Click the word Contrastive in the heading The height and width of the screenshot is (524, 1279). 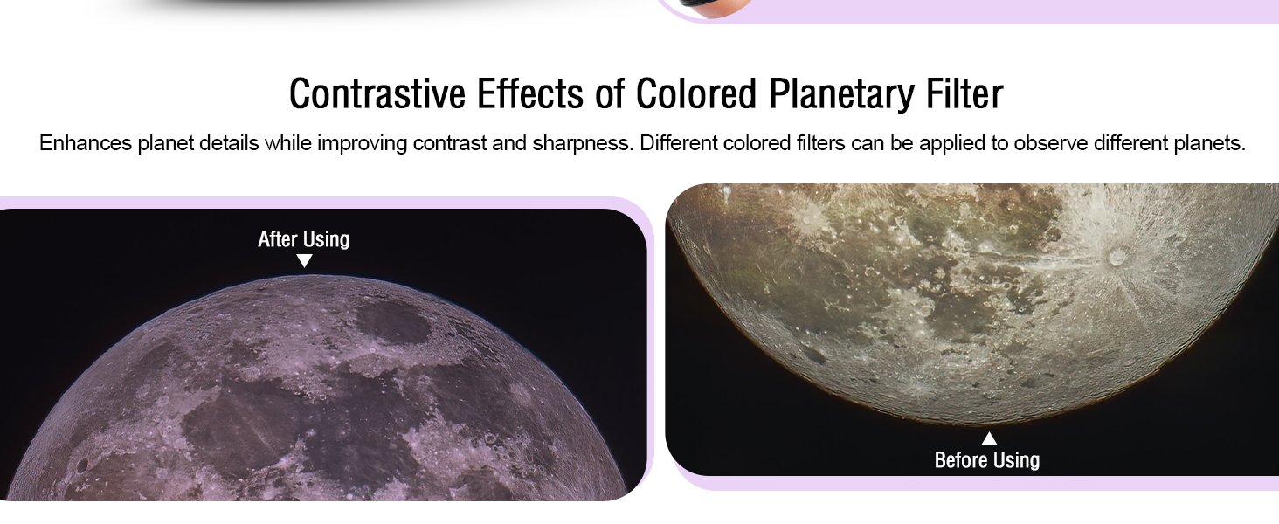click(x=377, y=94)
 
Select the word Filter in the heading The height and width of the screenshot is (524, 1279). click(x=964, y=94)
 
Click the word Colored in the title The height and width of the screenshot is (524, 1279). click(x=696, y=94)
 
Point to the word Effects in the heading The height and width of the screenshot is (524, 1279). click(x=530, y=94)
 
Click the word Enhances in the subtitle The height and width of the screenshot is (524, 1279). click(x=85, y=142)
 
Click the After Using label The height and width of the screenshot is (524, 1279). click(x=304, y=240)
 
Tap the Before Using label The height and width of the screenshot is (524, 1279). click(x=987, y=460)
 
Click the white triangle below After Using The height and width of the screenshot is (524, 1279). click(x=304, y=260)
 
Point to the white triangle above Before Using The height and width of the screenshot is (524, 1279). click(x=990, y=439)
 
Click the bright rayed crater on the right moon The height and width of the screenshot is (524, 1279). click(x=1117, y=257)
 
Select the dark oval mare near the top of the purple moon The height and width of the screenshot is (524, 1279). click(x=393, y=321)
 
